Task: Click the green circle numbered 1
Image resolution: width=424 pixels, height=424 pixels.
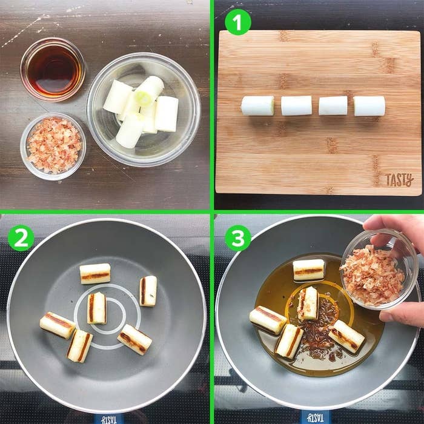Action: pos(237,22)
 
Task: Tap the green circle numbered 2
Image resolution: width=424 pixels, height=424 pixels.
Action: pos(21,238)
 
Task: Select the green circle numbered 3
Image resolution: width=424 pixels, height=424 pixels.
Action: pos(238,238)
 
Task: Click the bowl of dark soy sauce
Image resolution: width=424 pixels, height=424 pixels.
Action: pos(53,70)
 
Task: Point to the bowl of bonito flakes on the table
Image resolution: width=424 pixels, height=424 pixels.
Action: pos(53,147)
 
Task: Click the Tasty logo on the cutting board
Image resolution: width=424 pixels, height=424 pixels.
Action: pos(399,180)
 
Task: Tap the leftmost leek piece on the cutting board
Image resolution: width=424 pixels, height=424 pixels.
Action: pos(257,106)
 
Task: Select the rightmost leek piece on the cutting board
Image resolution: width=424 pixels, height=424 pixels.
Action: pos(369,106)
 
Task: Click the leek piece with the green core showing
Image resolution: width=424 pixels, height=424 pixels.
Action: pos(149,90)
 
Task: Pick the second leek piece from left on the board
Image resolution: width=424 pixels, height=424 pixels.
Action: pos(296,106)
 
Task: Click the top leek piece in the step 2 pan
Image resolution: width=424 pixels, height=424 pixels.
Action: pos(95,274)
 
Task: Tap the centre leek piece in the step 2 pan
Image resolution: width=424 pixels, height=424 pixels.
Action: pos(97,308)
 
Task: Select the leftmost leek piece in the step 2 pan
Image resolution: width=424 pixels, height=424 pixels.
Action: pos(58,325)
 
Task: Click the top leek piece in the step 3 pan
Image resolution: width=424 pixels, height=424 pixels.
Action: pos(308,270)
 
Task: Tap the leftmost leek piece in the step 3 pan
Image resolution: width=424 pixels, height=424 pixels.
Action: pos(268,320)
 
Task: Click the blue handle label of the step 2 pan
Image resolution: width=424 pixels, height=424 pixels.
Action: pos(108,419)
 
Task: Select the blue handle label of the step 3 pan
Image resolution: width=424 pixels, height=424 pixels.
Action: pos(315,419)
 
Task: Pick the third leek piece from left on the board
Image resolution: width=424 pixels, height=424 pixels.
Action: pos(333,106)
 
